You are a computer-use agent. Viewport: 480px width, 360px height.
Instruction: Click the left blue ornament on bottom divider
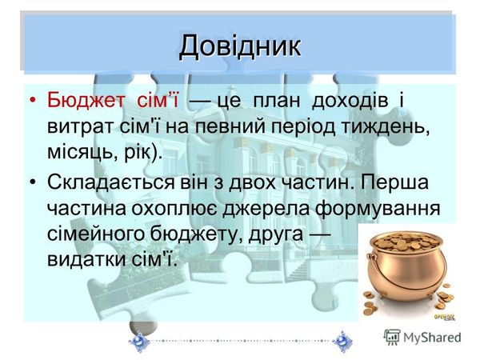[138, 339]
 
